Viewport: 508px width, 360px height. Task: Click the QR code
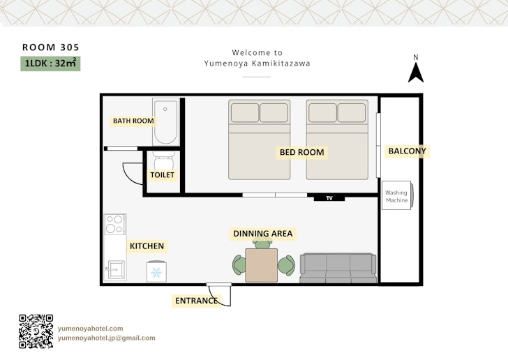[36, 331]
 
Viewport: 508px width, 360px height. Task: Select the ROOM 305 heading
[50, 47]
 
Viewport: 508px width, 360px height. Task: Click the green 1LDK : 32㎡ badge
[50, 63]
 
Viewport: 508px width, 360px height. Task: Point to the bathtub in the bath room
[166, 122]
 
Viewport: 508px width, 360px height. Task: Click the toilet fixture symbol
[163, 160]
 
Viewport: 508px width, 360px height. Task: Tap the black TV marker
[329, 198]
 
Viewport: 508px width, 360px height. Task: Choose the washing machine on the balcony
[398, 195]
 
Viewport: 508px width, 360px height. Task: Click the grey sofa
[338, 269]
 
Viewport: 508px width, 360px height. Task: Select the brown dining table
[261, 265]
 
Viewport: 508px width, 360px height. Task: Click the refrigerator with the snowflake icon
[156, 271]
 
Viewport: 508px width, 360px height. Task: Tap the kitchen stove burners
[115, 224]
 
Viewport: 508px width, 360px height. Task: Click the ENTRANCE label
[196, 301]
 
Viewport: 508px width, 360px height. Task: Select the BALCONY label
[408, 151]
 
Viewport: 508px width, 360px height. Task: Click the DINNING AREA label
[263, 234]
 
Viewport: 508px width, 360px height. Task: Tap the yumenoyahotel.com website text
[91, 329]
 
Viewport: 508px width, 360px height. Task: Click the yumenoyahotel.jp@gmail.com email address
[107, 338]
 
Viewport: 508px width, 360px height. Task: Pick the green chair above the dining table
[262, 242]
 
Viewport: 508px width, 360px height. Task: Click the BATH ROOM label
[133, 121]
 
